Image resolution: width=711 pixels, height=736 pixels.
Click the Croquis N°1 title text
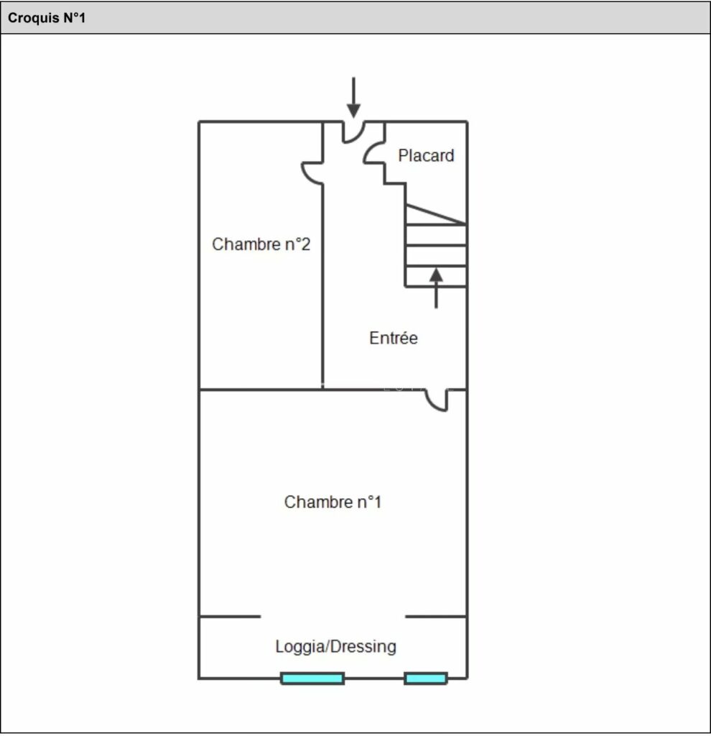pos(47,18)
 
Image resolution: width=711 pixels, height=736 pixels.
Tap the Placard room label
pos(426,155)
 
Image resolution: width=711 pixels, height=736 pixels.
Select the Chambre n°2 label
pos(261,244)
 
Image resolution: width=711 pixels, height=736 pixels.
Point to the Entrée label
pos(393,338)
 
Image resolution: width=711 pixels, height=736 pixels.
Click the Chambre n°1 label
pos(333,502)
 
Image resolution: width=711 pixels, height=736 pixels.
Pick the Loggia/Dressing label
pos(335,646)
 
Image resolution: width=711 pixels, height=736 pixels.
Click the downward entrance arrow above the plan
pos(353,98)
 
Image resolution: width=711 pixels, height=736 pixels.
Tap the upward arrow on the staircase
pos(436,287)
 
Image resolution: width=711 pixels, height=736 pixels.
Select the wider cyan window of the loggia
pos(312,678)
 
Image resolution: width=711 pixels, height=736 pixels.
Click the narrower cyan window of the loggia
pos(425,678)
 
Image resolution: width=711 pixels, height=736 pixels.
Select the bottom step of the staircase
pos(436,276)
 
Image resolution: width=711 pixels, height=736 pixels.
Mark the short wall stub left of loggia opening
pos(230,616)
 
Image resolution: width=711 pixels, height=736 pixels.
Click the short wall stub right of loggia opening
pos(436,616)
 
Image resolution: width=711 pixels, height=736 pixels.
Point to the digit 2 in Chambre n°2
pos(305,244)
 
